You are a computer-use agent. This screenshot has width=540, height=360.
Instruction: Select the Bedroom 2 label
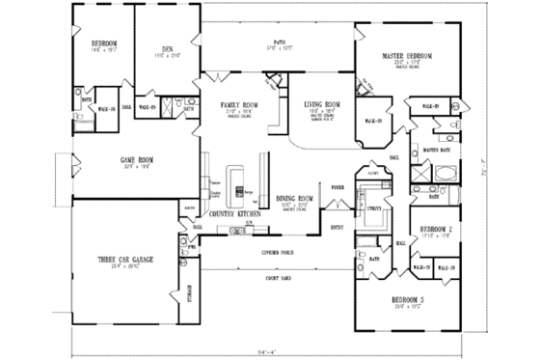pyautogui.click(x=437, y=230)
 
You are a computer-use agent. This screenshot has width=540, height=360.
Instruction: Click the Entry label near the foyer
pyautogui.click(x=337, y=228)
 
